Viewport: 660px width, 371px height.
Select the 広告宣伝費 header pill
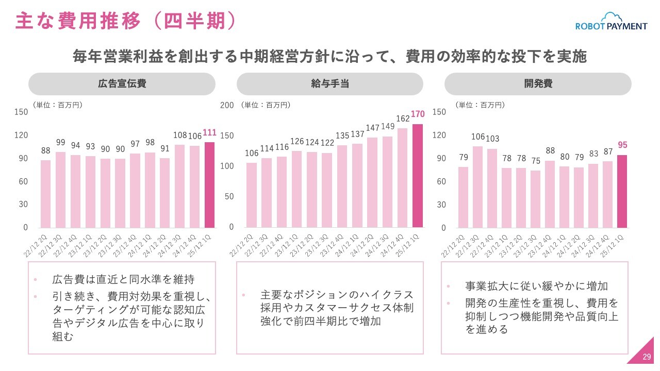pyautogui.click(x=122, y=83)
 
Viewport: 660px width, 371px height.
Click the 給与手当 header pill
pyautogui.click(x=330, y=83)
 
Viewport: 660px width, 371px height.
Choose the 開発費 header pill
pyautogui.click(x=538, y=83)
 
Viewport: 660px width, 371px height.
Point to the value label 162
pyautogui.click(x=403, y=119)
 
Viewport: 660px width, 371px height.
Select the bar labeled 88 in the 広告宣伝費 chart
pyautogui.click(x=46, y=194)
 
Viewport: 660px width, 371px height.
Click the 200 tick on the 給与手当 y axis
pyautogui.click(x=227, y=105)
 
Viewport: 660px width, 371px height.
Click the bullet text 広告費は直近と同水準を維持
pyautogui.click(x=123, y=280)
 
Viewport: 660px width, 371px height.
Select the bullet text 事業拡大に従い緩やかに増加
pyautogui.click(x=537, y=286)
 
